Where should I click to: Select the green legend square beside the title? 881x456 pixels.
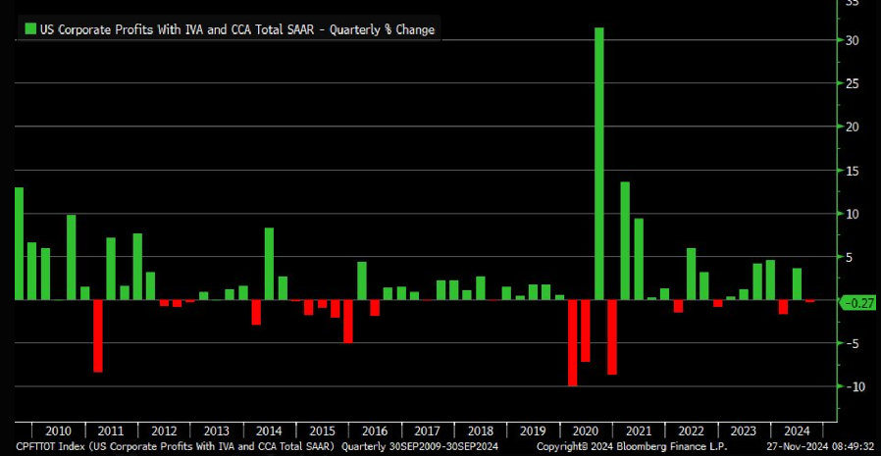point(29,29)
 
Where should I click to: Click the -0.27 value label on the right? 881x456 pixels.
point(858,303)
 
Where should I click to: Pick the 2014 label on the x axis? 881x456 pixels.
point(269,431)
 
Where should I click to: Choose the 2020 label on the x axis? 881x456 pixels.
point(587,431)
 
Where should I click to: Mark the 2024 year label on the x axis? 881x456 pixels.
point(798,431)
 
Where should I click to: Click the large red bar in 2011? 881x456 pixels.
point(98,335)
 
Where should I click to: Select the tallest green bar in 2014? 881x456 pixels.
point(269,263)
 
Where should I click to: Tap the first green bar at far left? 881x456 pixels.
point(19,243)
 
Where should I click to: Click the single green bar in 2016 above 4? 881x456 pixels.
point(361,280)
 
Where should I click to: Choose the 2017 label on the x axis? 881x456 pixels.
point(428,431)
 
